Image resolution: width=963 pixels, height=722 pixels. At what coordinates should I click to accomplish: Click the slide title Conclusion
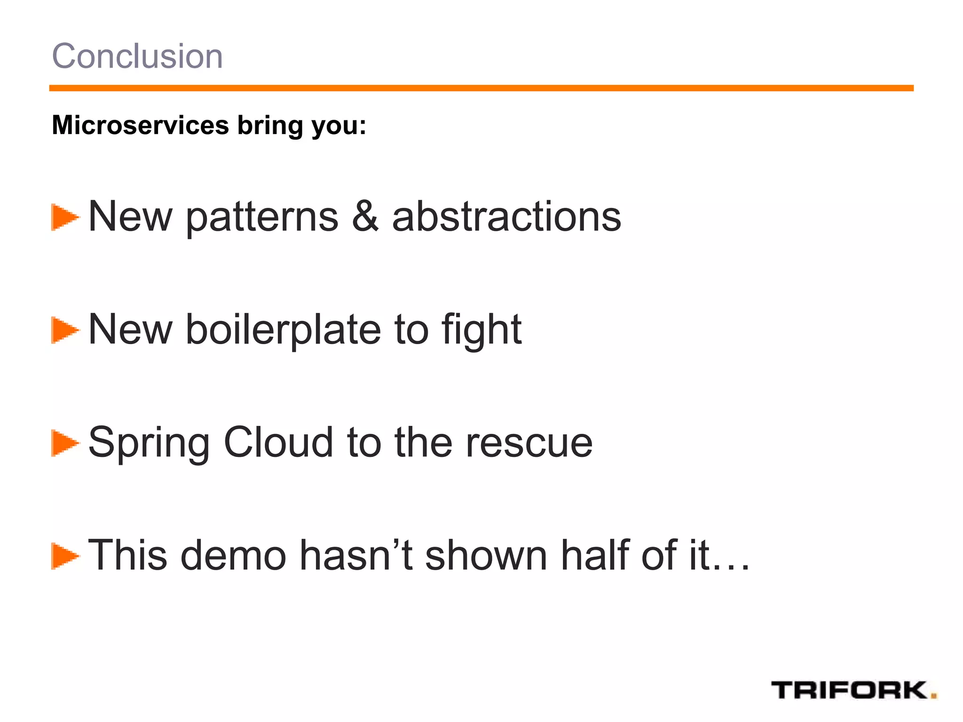137,56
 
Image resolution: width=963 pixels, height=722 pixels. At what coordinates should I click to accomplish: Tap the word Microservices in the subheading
141,125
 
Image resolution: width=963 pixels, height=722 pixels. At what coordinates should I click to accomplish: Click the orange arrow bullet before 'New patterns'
65,217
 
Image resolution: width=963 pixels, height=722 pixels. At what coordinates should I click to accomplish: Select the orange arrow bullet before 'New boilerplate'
65,330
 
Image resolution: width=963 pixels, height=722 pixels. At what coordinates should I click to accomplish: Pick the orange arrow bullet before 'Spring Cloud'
65,443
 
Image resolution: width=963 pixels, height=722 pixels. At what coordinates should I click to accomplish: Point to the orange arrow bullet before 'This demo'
65,556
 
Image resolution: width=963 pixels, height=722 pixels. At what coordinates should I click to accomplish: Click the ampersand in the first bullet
365,216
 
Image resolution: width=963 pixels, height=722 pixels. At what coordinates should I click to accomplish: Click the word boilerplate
283,330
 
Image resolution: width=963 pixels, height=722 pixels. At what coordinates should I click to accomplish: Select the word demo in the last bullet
233,556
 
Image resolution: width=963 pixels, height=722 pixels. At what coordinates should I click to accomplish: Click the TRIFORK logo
850,690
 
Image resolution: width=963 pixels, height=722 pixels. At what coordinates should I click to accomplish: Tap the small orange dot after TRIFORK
933,696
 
